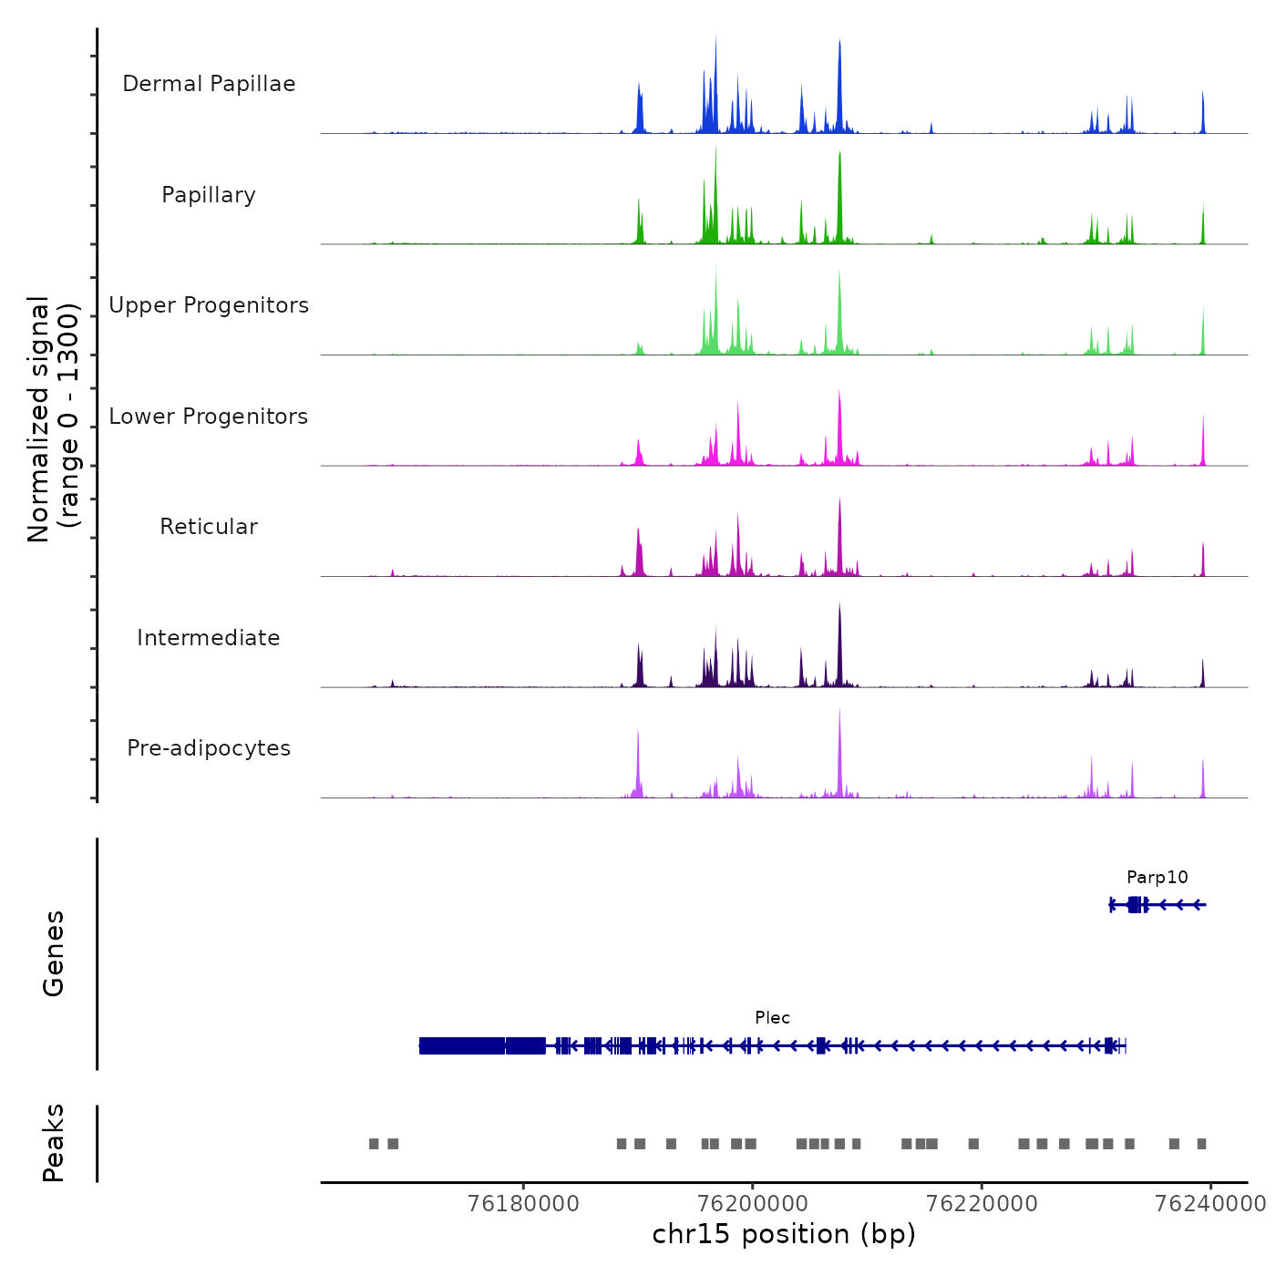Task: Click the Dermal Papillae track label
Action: pos(209,84)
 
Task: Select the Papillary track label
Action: pos(209,195)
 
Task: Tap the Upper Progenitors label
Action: pos(209,305)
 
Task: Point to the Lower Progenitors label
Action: pos(209,417)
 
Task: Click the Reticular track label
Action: pos(209,527)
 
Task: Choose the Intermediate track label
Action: pos(209,638)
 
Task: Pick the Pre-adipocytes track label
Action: pos(209,748)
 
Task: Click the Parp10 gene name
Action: pos(1157,878)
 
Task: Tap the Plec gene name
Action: pos(772,1018)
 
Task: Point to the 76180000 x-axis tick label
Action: pos(523,1204)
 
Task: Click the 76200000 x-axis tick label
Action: pos(753,1204)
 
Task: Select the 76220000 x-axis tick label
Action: pos(982,1204)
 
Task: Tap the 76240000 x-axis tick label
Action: pos(1210,1204)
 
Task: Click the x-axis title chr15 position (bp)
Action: pos(784,1235)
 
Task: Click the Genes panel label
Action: pos(54,953)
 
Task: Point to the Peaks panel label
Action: pos(54,1143)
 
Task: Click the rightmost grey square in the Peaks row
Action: pos(1201,1144)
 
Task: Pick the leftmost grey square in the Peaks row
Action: pos(374,1144)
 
